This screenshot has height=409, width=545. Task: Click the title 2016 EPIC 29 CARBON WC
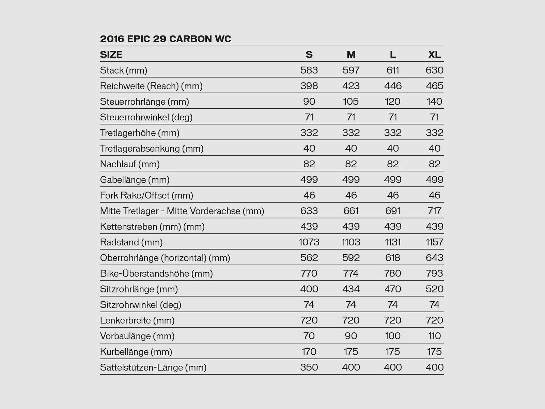click(166, 39)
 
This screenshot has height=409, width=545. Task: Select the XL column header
click(434, 55)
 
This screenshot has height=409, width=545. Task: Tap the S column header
click(309, 55)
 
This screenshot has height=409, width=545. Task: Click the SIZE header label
click(111, 55)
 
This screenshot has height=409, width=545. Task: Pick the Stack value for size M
click(351, 70)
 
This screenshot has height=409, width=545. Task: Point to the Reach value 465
click(434, 86)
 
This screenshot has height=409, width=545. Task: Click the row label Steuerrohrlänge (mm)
click(144, 102)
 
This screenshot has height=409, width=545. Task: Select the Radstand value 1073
click(309, 242)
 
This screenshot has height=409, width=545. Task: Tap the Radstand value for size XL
click(434, 242)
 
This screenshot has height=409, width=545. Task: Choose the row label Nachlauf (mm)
click(130, 164)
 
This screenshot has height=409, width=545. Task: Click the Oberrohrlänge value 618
click(393, 258)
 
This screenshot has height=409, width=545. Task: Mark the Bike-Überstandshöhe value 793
click(434, 273)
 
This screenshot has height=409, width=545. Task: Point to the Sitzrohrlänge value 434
click(351, 289)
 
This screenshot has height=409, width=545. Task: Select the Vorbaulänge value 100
click(393, 336)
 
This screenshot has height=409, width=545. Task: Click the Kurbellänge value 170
click(309, 352)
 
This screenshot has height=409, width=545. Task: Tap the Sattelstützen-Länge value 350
click(309, 367)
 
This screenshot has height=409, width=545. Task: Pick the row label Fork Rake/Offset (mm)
click(146, 195)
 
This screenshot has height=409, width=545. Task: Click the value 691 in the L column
click(393, 211)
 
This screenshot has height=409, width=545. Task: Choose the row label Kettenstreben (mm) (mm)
click(152, 227)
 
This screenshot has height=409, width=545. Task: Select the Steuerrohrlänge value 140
click(434, 102)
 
